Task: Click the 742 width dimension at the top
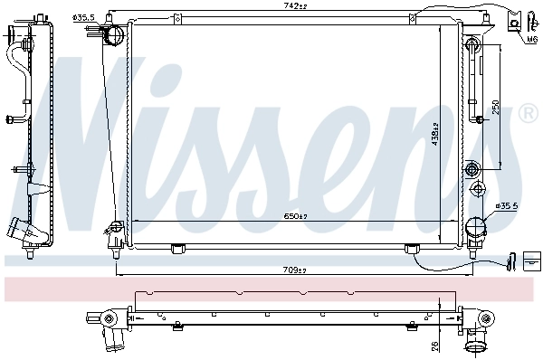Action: pos(296,7)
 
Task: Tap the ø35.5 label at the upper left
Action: pos(83,16)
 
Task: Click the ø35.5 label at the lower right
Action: pos(506,206)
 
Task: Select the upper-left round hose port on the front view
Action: pos(115,35)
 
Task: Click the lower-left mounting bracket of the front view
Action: pos(115,237)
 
